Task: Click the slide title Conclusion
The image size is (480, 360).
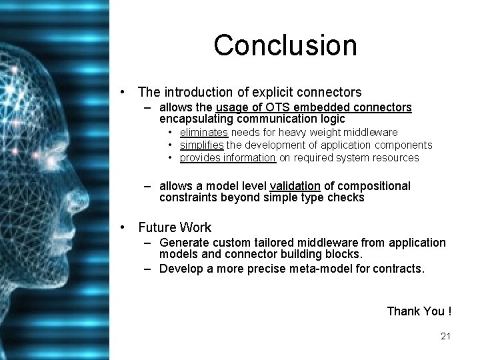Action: [x=285, y=45]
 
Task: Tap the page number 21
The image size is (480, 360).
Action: [x=446, y=336]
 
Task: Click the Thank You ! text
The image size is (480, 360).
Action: [x=419, y=311]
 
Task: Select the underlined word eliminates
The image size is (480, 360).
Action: [x=204, y=133]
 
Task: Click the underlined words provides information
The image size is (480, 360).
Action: [x=227, y=158]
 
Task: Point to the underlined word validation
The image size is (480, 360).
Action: [x=295, y=186]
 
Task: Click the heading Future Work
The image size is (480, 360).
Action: [x=175, y=227]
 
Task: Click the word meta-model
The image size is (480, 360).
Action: [x=295, y=268]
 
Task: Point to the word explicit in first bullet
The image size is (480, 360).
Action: [x=266, y=91]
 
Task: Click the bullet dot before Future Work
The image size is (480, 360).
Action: [x=123, y=227]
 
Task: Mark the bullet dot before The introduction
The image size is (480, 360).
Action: [x=123, y=91]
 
